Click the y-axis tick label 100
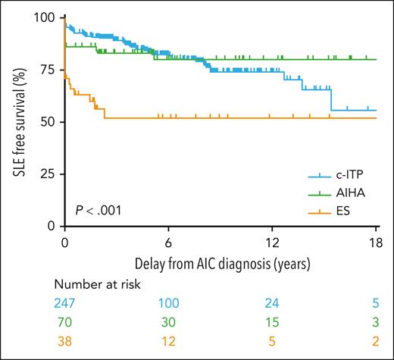point(45,17)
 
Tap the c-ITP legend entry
point(345,175)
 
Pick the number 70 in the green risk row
point(65,321)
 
